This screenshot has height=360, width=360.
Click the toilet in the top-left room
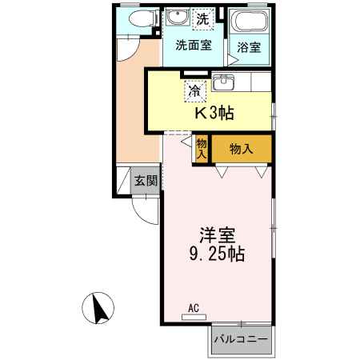138,20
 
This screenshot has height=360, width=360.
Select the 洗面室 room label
194,46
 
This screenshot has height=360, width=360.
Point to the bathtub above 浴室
248,22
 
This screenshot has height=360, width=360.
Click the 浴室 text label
249,47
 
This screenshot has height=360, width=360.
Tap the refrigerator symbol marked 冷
194,91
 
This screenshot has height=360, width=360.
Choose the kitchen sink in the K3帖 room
223,83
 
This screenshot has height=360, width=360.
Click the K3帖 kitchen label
214,113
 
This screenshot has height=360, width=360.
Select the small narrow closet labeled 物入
202,149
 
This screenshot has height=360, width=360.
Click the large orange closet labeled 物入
242,149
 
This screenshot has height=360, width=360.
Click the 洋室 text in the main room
217,236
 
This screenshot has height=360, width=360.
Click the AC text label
194,307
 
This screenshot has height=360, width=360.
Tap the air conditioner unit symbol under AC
194,317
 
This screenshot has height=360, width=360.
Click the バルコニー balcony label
241,339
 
